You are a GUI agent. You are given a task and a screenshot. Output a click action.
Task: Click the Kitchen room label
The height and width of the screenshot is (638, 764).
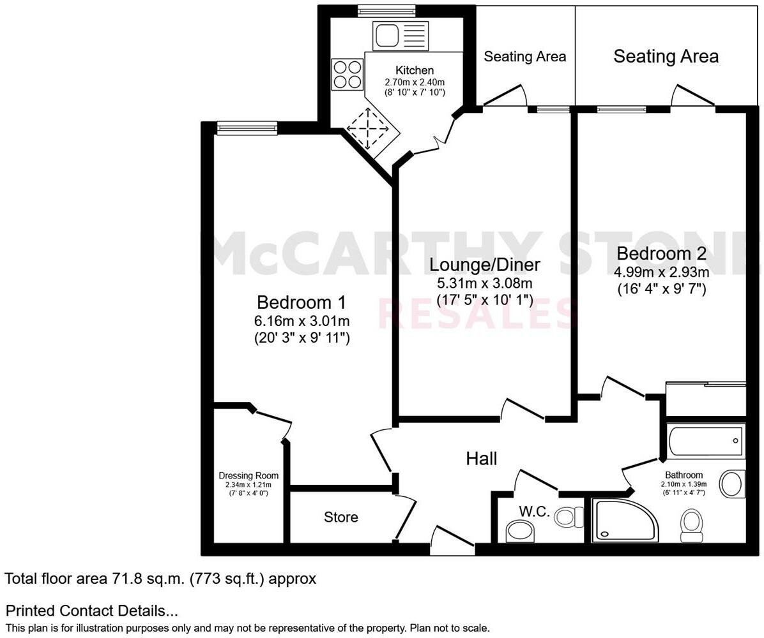click(x=415, y=70)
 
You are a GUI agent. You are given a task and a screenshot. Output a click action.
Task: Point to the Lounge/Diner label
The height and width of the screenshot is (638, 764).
click(x=485, y=264)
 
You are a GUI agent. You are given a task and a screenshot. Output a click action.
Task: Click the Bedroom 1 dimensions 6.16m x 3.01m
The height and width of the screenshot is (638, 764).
click(x=302, y=321)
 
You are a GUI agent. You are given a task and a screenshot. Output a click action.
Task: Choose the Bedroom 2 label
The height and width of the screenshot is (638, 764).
click(x=661, y=254)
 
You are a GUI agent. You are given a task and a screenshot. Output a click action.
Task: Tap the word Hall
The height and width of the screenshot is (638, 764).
click(x=481, y=458)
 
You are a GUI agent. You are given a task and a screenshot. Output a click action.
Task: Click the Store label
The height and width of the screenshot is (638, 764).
click(x=340, y=517)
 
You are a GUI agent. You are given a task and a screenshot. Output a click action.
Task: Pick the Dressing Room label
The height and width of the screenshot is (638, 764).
click(x=248, y=475)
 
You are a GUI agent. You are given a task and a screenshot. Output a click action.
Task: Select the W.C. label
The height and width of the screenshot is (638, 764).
click(x=534, y=512)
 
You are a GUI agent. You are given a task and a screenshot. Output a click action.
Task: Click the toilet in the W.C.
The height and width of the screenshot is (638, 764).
click(x=569, y=516)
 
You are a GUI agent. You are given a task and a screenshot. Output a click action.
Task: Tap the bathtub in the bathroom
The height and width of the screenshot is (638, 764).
click(x=706, y=441)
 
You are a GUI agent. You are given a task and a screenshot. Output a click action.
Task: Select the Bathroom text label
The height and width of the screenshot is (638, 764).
click(x=684, y=475)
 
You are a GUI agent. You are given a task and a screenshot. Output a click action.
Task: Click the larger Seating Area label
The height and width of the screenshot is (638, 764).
click(x=666, y=56)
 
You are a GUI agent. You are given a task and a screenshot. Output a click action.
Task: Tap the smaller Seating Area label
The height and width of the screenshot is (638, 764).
click(x=524, y=56)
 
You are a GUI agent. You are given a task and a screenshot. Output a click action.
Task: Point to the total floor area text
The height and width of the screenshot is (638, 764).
click(x=160, y=579)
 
